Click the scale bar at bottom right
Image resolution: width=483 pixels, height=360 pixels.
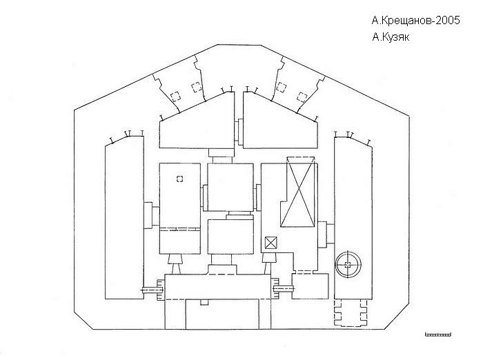(x=438, y=334)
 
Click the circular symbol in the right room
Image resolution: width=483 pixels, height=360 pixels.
(x=348, y=264)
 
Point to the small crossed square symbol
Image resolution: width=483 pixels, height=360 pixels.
(x=271, y=243)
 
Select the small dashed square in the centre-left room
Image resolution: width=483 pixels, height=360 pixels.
(x=180, y=179)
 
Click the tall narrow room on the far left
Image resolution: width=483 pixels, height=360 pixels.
(x=124, y=218)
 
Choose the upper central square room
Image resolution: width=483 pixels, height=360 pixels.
(x=230, y=187)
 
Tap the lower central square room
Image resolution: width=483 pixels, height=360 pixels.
(x=230, y=237)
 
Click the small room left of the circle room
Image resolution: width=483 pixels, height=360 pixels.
(x=310, y=286)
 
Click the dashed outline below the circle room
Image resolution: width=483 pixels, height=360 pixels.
(x=351, y=312)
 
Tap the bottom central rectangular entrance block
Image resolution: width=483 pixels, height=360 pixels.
(x=222, y=314)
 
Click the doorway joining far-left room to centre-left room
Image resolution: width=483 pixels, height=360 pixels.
(x=151, y=215)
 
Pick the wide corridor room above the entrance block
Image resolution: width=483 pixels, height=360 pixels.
(x=217, y=286)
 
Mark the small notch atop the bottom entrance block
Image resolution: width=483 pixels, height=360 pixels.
(x=204, y=302)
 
